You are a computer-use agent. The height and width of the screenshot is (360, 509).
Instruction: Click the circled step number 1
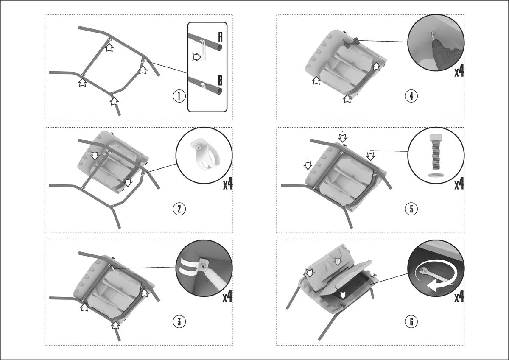click(179, 96)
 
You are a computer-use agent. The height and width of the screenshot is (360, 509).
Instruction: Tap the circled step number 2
click(179, 209)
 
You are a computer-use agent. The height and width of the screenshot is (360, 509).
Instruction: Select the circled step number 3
click(179, 322)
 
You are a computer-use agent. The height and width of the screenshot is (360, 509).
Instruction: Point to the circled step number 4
click(411, 96)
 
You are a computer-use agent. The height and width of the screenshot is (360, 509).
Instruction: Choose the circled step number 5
click(411, 209)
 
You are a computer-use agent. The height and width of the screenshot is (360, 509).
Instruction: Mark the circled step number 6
click(411, 322)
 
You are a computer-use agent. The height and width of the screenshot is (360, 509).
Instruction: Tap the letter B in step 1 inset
click(220, 81)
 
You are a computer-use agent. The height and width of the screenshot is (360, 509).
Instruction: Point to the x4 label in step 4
click(459, 71)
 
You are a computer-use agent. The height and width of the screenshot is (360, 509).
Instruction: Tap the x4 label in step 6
click(459, 297)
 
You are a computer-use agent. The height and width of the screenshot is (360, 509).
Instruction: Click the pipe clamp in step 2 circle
click(203, 155)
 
